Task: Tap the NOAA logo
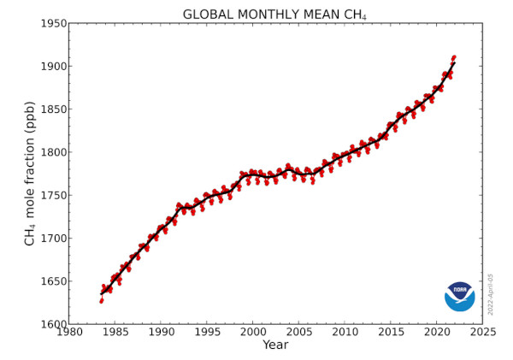point(459,296)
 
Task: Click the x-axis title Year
point(274,345)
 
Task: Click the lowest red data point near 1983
point(101,301)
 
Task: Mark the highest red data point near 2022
point(454,56)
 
